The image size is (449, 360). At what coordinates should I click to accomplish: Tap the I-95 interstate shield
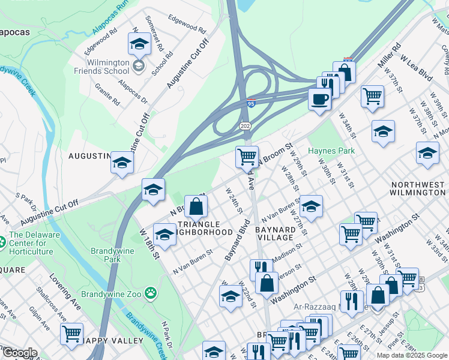point(251,103)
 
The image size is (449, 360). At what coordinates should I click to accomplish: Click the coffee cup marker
point(319,98)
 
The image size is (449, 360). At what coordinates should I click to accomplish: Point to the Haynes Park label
point(331,151)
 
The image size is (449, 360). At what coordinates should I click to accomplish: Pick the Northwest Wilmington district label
point(418,188)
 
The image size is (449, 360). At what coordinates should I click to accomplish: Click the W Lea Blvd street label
point(417,67)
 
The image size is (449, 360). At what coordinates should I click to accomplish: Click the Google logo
point(19,353)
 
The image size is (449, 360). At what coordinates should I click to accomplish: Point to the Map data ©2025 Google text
point(412,355)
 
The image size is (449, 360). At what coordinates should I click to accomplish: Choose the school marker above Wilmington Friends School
point(139,44)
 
